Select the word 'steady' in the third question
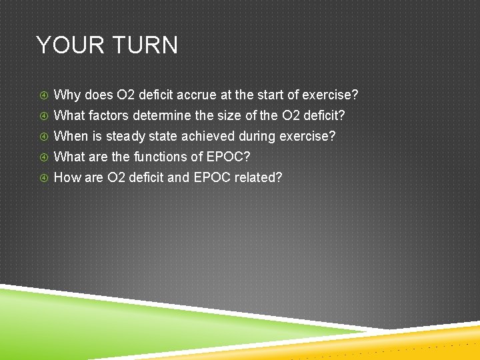(123, 136)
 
